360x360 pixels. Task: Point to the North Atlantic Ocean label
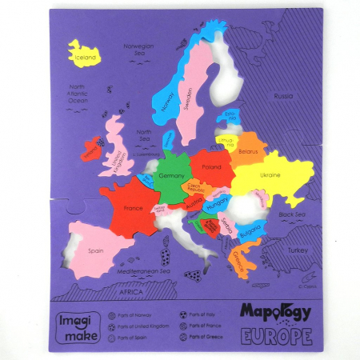78,94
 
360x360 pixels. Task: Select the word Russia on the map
283,96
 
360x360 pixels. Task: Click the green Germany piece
171,176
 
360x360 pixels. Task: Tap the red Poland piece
212,169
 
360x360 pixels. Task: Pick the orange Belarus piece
249,150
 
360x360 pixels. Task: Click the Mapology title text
273,310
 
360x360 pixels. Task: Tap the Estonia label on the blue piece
230,117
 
